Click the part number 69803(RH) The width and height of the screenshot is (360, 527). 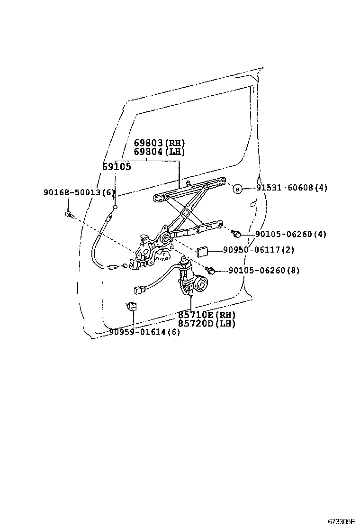click(159, 143)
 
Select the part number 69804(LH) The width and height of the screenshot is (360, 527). click(159, 152)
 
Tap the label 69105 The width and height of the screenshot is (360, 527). click(117, 167)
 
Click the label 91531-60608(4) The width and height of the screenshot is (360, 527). click(292, 188)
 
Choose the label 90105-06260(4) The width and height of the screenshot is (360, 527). click(291, 234)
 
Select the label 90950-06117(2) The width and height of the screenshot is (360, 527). click(258, 250)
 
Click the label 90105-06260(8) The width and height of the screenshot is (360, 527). click(264, 271)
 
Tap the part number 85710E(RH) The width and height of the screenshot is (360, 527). click(207, 315)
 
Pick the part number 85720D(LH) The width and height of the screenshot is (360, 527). click(207, 324)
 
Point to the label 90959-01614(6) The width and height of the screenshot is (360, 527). click(144, 332)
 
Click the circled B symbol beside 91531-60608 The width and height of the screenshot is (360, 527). click(237, 189)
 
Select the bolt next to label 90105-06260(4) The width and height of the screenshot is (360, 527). click(237, 233)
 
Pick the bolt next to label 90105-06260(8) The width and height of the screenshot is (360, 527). click(211, 271)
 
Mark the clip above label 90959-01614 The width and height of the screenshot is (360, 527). click(131, 306)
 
